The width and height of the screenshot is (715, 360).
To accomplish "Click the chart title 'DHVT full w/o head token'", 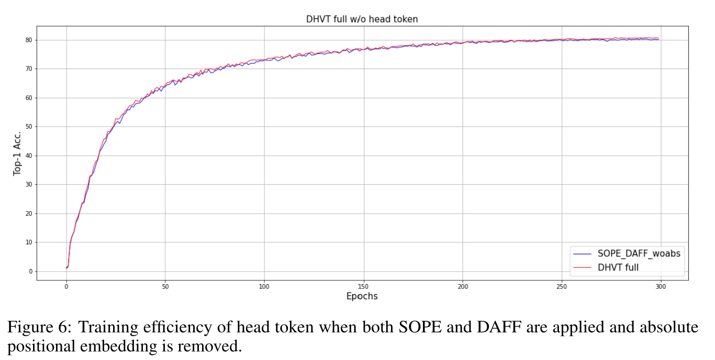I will (x=362, y=19).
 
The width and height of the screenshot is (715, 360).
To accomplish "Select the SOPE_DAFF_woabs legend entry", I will (x=639, y=254).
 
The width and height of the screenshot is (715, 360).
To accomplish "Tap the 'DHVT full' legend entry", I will (x=618, y=267).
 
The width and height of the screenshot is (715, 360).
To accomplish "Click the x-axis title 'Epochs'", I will (x=362, y=296).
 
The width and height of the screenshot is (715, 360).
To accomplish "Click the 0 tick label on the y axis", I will (x=30, y=272).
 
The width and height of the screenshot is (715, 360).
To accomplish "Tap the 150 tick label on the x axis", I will (x=363, y=287).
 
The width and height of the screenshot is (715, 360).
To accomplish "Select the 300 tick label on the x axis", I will (x=661, y=287).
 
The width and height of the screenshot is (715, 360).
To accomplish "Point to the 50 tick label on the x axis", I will (x=165, y=287).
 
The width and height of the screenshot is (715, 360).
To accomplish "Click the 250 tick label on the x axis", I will (x=562, y=287).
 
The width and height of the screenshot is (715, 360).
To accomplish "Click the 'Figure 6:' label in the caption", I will (x=37, y=328).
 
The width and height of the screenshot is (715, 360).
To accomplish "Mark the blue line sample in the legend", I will (x=583, y=254).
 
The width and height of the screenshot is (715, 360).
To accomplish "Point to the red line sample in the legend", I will (x=583, y=267).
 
